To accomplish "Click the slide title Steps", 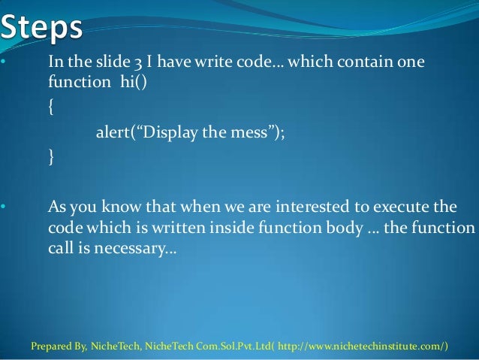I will pos(43,29).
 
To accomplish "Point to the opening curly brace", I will pos(50,107).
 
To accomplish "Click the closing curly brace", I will pos(50,158).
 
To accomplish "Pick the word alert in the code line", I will pos(113,133).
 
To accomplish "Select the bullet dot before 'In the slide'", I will pos(4,62).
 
